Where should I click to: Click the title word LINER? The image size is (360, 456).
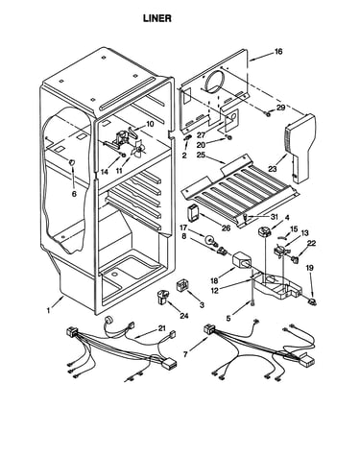157,18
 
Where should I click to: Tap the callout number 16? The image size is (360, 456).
278,52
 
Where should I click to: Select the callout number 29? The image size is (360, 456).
280,108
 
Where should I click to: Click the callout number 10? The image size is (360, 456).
150,124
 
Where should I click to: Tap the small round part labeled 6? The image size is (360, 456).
72,161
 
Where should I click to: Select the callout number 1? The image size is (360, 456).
49,310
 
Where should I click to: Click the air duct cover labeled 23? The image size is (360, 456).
300,148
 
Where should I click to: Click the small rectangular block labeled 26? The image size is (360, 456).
193,213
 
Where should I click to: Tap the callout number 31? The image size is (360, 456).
275,217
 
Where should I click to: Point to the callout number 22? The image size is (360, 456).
311,243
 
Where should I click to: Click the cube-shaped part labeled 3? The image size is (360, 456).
182,285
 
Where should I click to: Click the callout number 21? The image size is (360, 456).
162,328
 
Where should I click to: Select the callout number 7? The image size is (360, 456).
185,354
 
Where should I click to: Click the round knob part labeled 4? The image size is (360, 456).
265,231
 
